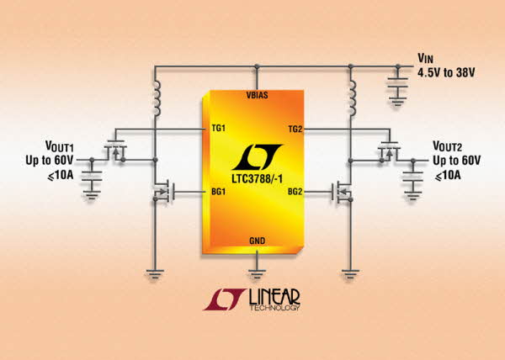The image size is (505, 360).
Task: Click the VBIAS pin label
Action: [x=257, y=95]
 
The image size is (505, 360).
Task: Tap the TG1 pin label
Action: [x=218, y=129]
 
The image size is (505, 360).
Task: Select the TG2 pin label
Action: [x=295, y=129]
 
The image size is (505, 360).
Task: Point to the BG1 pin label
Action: [x=218, y=192]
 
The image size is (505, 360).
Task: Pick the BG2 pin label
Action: [x=295, y=192]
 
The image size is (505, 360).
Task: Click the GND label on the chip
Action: [x=257, y=241]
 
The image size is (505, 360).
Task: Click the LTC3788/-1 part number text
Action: [x=257, y=178]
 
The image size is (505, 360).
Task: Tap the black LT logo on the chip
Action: [x=257, y=157]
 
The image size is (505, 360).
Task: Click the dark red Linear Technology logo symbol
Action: [x=225, y=299]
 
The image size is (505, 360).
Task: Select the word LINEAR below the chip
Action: [x=274, y=297]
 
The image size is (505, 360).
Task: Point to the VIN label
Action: [x=425, y=59]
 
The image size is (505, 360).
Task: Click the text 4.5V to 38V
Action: [x=446, y=72]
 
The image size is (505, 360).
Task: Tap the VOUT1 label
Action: [x=60, y=146]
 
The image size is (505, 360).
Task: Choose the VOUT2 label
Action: [x=448, y=146]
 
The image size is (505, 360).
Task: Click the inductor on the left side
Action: [x=157, y=98]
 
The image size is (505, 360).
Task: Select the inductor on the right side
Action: [x=353, y=98]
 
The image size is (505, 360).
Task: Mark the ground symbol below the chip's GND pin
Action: [x=257, y=274]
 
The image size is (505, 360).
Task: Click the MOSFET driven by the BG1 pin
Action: [x=163, y=192]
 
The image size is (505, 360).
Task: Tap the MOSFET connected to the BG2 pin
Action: [x=342, y=192]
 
